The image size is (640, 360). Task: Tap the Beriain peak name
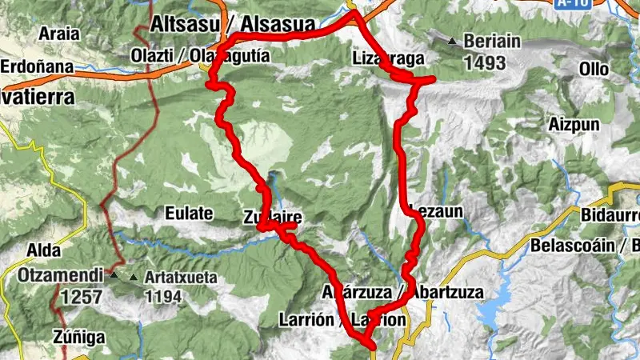491,42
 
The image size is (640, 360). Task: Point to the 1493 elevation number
485,62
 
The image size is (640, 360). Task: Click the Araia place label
60,34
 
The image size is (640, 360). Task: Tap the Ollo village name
594,69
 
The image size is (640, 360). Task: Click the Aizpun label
570,125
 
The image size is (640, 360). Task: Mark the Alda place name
44,250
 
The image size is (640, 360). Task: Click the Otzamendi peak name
62,276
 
